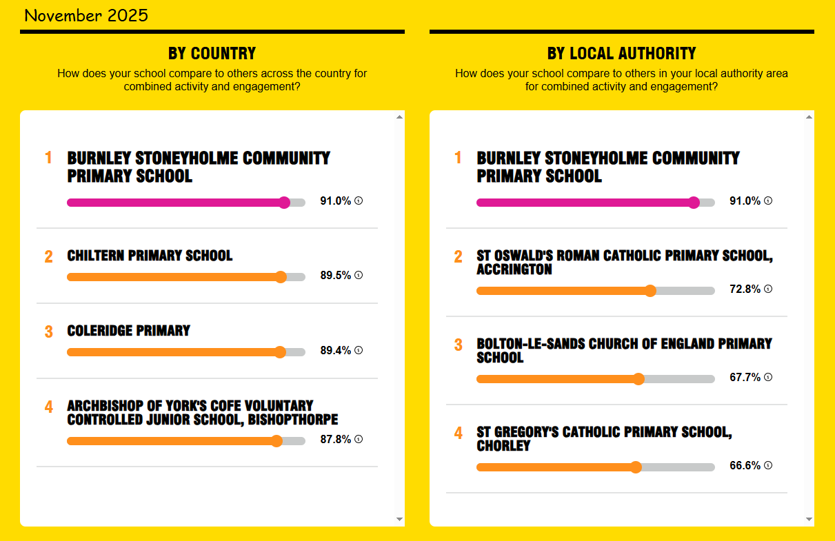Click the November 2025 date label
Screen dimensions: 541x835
click(x=85, y=16)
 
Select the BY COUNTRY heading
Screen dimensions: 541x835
click(x=212, y=54)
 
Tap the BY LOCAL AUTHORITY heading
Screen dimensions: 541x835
click(x=621, y=54)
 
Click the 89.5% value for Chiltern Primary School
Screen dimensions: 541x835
click(x=336, y=276)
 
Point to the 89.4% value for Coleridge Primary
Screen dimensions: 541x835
click(x=336, y=351)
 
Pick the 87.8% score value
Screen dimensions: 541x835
click(x=336, y=440)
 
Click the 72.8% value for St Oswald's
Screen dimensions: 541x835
click(x=745, y=289)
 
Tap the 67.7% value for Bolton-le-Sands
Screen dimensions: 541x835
click(x=745, y=378)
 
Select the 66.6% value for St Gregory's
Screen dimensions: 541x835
click(x=745, y=466)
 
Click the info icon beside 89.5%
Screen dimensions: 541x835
click(x=359, y=276)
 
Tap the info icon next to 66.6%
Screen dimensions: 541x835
click(x=768, y=466)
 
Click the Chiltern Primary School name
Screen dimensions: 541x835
click(x=150, y=256)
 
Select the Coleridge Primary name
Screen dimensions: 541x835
click(x=128, y=331)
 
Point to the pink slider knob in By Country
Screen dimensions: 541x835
click(x=284, y=203)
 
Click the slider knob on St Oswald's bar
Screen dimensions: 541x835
click(x=650, y=291)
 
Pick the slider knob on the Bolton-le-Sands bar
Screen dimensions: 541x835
click(x=638, y=379)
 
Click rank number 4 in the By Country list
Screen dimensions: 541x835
click(x=48, y=407)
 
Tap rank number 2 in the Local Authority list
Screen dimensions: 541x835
click(x=459, y=257)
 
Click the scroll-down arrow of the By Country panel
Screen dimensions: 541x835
click(x=399, y=519)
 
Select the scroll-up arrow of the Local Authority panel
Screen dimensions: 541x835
click(x=809, y=117)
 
